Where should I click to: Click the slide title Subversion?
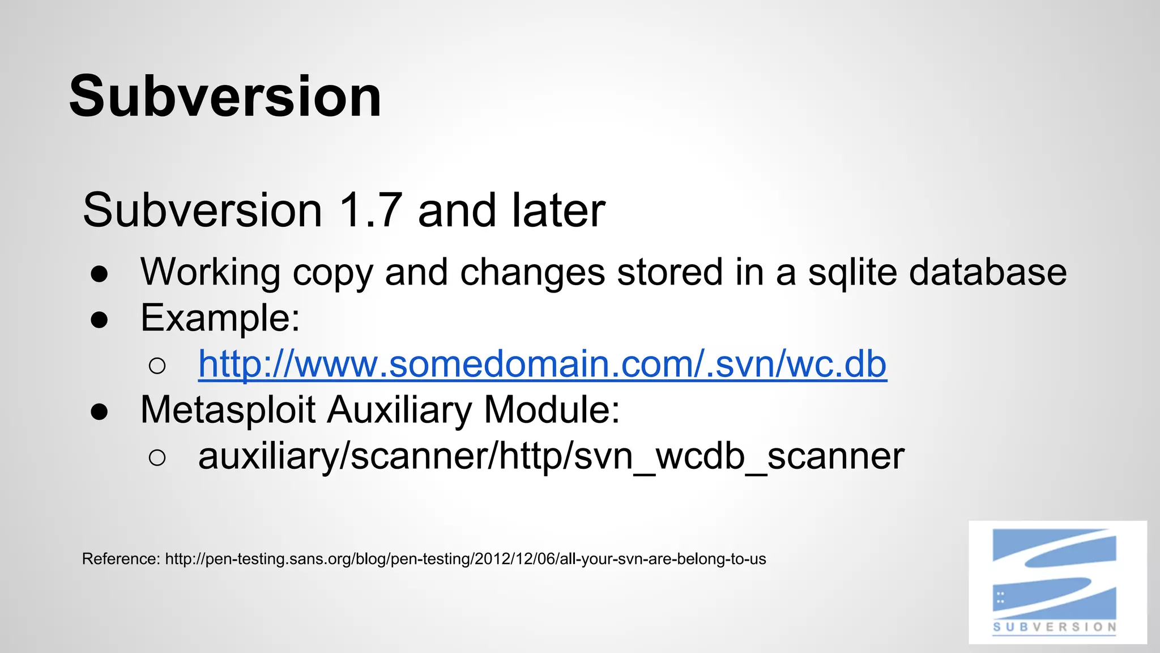pyautogui.click(x=225, y=96)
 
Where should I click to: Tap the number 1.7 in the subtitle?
pyautogui.click(x=370, y=210)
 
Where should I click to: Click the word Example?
pyautogui.click(x=220, y=318)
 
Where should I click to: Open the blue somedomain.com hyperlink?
pyautogui.click(x=542, y=364)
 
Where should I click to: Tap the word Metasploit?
pyautogui.click(x=228, y=410)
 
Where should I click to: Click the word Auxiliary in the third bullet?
pyautogui.click(x=399, y=410)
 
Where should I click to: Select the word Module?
pyautogui.click(x=552, y=409)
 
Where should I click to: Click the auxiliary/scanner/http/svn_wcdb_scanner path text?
pyautogui.click(x=551, y=456)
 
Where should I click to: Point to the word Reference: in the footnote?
pyautogui.click(x=121, y=559)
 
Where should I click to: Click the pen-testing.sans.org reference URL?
pyautogui.click(x=465, y=559)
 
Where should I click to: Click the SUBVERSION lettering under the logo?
pyautogui.click(x=1054, y=627)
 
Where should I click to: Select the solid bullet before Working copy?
pyautogui.click(x=99, y=274)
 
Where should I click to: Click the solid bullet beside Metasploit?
pyautogui.click(x=99, y=412)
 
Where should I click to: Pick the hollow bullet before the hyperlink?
pyautogui.click(x=157, y=366)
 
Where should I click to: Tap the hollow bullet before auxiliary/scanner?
pyautogui.click(x=157, y=457)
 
